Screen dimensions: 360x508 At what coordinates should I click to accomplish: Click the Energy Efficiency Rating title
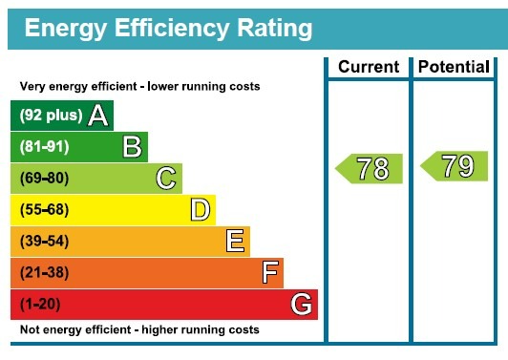168,29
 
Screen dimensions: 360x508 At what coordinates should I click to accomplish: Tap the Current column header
369,67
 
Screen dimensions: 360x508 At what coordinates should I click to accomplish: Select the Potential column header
455,67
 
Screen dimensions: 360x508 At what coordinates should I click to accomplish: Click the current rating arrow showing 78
370,169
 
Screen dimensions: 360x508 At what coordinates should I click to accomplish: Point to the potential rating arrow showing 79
455,166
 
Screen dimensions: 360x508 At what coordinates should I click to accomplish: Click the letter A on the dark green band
97,116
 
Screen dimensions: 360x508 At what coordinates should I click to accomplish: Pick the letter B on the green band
132,146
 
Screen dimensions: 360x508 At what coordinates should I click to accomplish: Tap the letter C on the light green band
166,178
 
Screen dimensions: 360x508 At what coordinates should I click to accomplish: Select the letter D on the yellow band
200,209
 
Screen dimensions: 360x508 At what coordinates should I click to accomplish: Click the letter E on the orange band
235,241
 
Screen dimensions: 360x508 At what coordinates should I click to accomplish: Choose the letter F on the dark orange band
270,272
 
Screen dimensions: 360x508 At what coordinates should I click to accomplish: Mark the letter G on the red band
301,305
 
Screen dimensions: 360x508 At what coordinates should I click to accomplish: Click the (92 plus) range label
51,116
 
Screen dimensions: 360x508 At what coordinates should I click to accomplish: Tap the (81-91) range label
43,147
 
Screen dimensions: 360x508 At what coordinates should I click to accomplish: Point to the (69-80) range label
43,179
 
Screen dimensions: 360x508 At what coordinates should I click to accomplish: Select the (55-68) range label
43,210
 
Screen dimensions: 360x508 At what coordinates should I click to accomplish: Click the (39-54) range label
43,242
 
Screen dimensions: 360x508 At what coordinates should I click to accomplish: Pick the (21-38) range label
43,273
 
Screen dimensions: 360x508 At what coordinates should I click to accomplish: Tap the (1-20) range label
40,305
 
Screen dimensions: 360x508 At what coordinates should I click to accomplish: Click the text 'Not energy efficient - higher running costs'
139,329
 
